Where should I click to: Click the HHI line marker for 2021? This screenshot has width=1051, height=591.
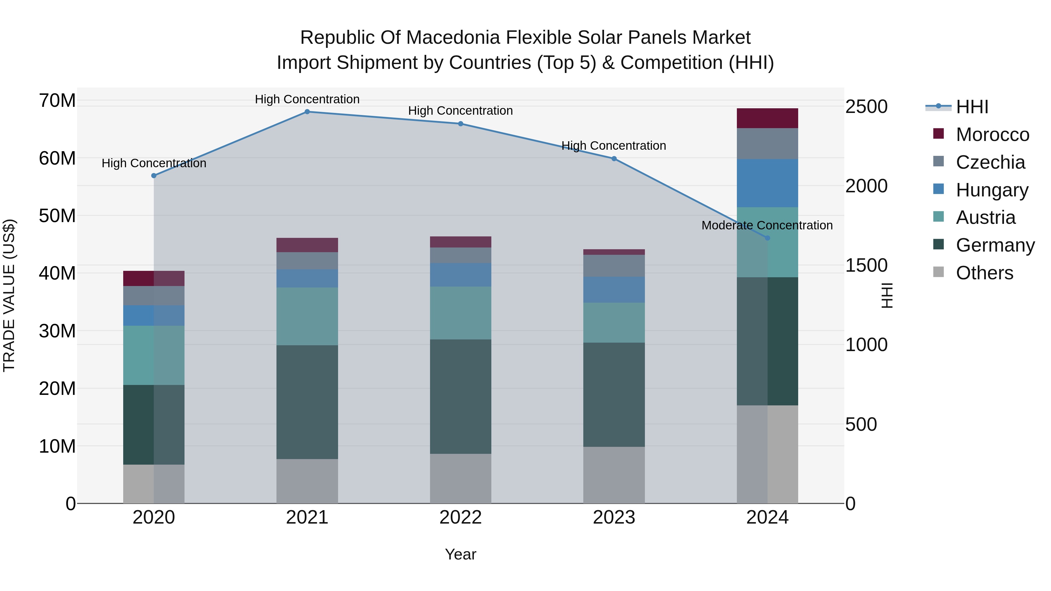(x=307, y=112)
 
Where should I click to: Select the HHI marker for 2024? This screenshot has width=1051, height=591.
(x=768, y=238)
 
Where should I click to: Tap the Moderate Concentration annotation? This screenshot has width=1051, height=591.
(x=767, y=225)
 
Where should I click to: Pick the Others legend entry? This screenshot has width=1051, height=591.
(x=984, y=273)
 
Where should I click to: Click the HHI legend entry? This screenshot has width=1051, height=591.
(x=972, y=107)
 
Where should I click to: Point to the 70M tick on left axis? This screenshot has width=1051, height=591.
(x=57, y=101)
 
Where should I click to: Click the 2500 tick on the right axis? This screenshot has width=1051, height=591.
(x=866, y=107)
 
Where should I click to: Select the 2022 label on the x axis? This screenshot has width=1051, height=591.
(x=461, y=517)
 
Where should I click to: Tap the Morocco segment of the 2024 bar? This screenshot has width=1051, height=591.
(x=768, y=118)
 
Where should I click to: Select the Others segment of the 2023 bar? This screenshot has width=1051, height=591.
(x=614, y=475)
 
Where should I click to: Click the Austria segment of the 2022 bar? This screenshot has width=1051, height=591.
(x=461, y=313)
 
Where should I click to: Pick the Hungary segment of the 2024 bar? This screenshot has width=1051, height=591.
(x=768, y=183)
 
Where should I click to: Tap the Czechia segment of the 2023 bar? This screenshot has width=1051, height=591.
(x=614, y=266)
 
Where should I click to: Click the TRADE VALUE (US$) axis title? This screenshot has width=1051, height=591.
(x=9, y=295)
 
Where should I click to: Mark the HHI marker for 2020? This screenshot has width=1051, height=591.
(x=154, y=176)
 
